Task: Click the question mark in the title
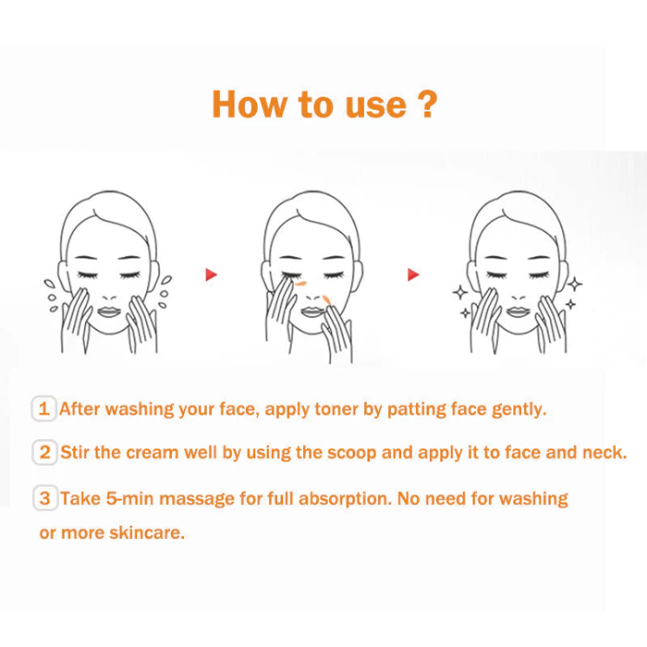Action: (x=426, y=104)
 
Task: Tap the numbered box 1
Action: (x=44, y=409)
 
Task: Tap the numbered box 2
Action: (x=44, y=453)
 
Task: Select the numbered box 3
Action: (x=44, y=498)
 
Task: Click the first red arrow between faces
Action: (x=212, y=275)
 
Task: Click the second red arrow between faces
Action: (x=413, y=275)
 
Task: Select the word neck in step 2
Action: (x=606, y=453)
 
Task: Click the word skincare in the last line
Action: (x=147, y=533)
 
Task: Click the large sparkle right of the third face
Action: (x=575, y=284)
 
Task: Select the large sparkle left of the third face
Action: (x=458, y=292)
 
